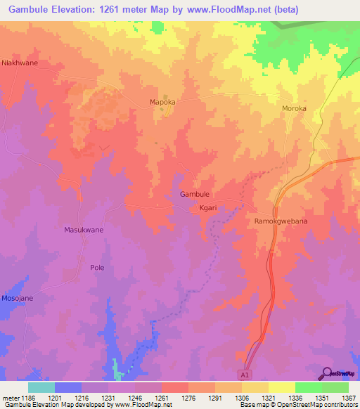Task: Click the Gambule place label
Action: [195, 194]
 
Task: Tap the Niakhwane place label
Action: [20, 63]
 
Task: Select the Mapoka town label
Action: [162, 102]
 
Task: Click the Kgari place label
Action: [207, 208]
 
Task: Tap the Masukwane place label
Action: [84, 230]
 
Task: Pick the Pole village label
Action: [97, 267]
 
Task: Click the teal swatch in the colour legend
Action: [41, 387]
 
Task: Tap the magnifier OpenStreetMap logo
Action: [328, 373]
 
